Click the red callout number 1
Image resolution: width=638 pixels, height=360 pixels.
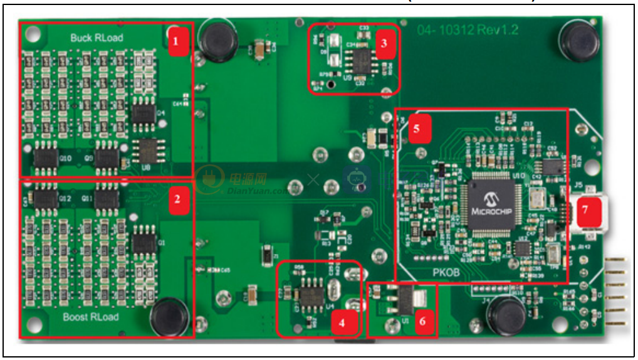coord(177,43)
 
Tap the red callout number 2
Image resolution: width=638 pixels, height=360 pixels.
coord(177,201)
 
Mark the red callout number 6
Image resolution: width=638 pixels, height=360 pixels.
coord(422,322)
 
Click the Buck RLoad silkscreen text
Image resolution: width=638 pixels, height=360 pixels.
coord(97,38)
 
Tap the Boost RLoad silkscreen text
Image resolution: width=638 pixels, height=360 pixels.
coord(91,317)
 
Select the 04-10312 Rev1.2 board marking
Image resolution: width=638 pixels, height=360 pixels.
coord(468,29)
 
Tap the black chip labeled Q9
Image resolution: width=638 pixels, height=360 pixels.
coord(107,157)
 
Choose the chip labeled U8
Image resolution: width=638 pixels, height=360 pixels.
coord(148,151)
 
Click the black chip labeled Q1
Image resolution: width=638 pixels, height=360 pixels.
coord(145,239)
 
